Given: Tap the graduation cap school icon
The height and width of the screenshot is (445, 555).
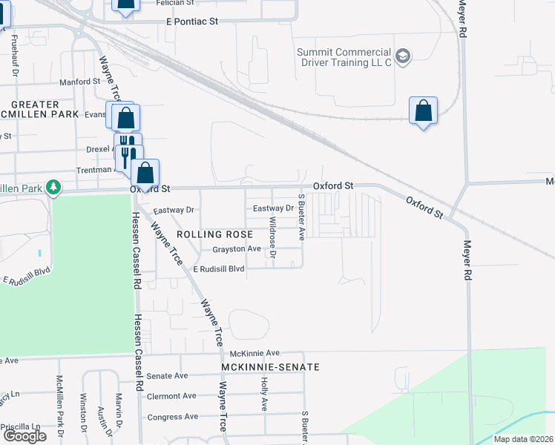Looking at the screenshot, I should (x=403, y=56).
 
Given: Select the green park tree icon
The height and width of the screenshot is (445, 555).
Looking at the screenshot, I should (x=53, y=188).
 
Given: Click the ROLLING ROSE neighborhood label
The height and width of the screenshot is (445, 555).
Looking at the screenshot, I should (x=209, y=234).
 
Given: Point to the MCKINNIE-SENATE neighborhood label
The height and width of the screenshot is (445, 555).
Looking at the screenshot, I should (x=270, y=367).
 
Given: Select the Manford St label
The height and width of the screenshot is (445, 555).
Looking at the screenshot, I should (x=79, y=82).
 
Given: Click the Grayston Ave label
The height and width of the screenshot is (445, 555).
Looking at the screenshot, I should (x=237, y=249).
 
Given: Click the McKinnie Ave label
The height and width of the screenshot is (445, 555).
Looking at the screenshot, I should (x=254, y=352).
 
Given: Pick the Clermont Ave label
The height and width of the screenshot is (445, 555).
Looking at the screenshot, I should (x=171, y=396).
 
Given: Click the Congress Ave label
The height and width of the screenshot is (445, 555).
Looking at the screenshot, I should (x=173, y=417).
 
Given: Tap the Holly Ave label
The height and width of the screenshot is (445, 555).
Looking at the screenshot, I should (x=263, y=394).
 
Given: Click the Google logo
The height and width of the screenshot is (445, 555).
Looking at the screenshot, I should (x=24, y=436).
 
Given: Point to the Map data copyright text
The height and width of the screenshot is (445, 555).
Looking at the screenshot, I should (x=524, y=439).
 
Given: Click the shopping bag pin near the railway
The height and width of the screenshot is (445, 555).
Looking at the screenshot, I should (x=423, y=111).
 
